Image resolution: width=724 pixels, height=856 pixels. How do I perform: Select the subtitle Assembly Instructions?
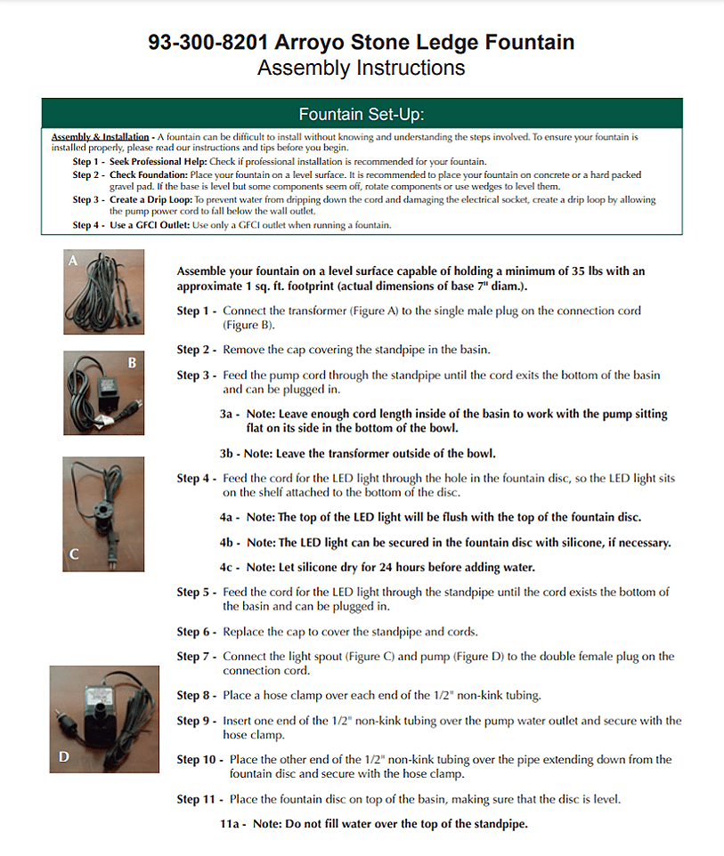(x=361, y=68)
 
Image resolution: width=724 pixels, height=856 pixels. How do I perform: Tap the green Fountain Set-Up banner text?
(x=362, y=114)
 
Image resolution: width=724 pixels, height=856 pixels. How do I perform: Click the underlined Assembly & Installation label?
(x=100, y=137)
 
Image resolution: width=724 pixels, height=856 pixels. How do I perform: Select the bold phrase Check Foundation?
(x=142, y=175)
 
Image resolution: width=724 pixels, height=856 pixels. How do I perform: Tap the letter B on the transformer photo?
(x=132, y=362)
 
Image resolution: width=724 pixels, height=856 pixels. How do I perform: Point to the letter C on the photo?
(x=74, y=553)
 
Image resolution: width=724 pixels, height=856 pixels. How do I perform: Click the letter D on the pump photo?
(x=63, y=757)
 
